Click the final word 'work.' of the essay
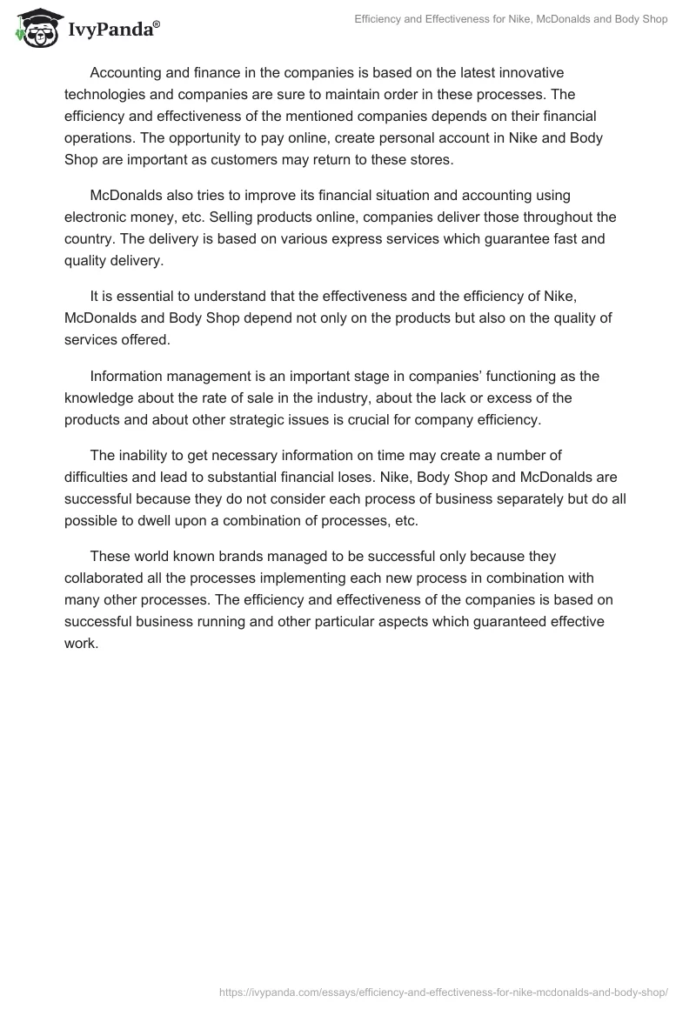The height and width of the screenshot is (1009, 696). click(x=82, y=644)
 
